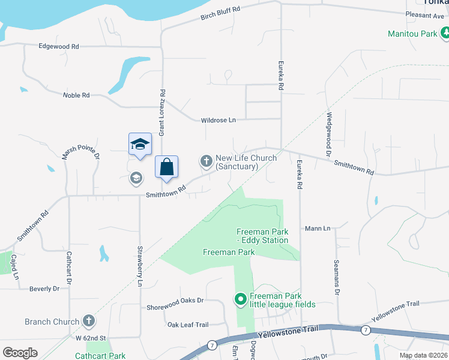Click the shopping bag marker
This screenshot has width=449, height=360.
click(x=166, y=167)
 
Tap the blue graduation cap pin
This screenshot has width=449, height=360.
click(x=139, y=145)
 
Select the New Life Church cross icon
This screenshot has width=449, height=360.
click(x=206, y=161)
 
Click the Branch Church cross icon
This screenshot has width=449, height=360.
click(x=89, y=322)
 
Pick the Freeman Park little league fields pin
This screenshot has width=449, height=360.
click(x=241, y=298)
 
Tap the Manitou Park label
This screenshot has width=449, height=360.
click(x=412, y=34)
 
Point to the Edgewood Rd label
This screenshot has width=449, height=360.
click(x=58, y=46)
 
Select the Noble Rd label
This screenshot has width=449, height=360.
click(x=76, y=95)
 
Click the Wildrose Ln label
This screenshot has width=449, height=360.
click(x=218, y=120)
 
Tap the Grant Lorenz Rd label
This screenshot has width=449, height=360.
click(x=162, y=112)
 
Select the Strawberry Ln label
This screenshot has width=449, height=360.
click(x=140, y=265)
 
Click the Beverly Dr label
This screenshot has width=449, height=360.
click(x=44, y=289)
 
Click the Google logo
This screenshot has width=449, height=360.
click(x=20, y=353)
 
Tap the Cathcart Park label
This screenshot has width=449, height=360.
click(x=100, y=356)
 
